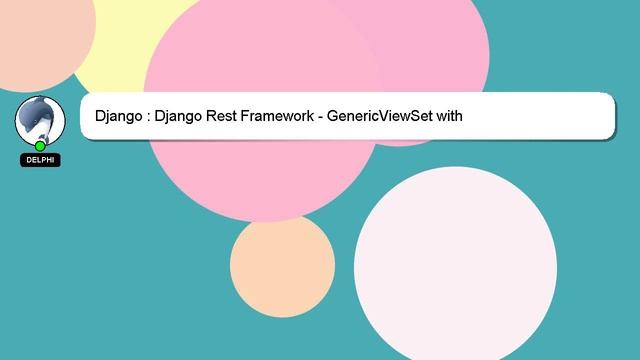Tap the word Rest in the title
coord(225,117)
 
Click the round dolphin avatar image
coord(39,119)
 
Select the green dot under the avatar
coord(40,146)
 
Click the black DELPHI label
coord(40,160)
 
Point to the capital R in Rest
coord(213,117)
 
